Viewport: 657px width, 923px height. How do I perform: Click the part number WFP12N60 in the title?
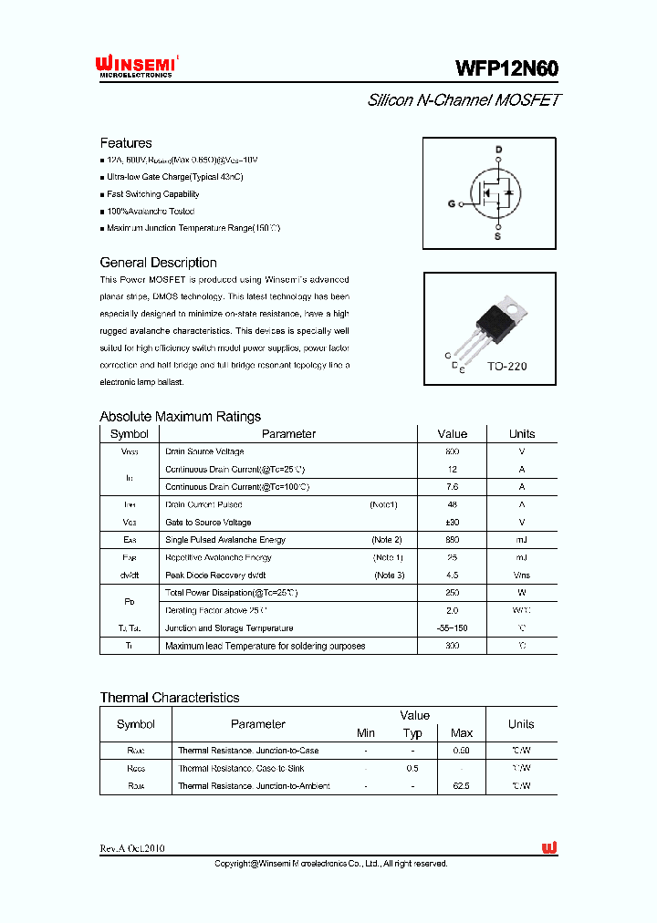pos(506,68)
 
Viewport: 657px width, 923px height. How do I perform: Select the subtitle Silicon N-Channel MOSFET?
pos(464,100)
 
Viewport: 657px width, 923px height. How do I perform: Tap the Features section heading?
pos(126,143)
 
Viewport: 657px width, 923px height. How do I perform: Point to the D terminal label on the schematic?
pos(498,150)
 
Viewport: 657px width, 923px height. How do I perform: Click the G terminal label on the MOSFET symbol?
pos(451,203)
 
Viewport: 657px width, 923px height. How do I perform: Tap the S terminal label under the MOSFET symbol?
pos(497,236)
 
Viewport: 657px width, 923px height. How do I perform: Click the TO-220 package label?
pos(506,366)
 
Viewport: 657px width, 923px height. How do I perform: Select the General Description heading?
pos(158,263)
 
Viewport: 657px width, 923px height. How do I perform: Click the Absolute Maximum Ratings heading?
pos(180,417)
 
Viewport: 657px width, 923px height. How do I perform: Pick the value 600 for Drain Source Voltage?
pos(452,451)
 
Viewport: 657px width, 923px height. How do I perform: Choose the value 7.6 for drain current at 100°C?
pos(452,487)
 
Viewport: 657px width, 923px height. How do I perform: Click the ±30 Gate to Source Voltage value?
pos(452,523)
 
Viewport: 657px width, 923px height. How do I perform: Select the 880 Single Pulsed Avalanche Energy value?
pos(452,540)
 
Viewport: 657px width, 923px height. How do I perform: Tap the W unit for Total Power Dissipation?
pos(521,593)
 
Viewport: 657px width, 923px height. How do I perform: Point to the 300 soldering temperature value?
pos(452,646)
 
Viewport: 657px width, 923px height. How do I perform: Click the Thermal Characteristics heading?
pos(170,698)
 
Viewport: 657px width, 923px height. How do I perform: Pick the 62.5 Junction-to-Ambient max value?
pos(461,786)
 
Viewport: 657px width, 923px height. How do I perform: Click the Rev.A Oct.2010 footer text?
pos(132,848)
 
